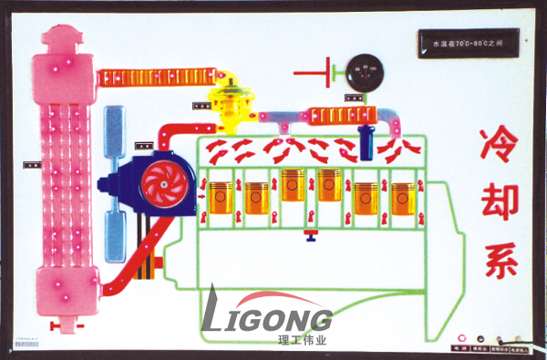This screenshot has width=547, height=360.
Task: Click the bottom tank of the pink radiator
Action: (x=64, y=293)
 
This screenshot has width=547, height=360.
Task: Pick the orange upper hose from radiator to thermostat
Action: (x=156, y=77)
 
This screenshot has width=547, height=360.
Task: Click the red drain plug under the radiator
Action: (x=64, y=324)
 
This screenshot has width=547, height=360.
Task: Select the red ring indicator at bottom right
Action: (x=460, y=338)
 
